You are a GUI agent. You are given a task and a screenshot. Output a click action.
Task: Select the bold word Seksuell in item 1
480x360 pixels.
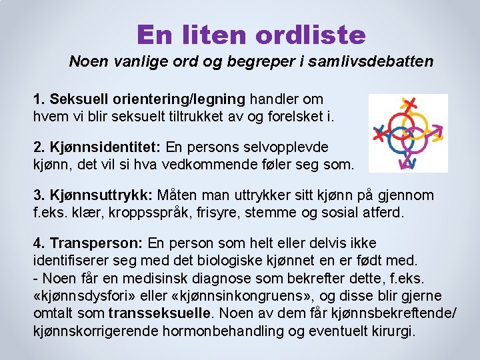tap(73, 99)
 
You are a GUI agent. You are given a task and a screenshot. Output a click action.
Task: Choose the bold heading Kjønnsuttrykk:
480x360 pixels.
tap(93, 195)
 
